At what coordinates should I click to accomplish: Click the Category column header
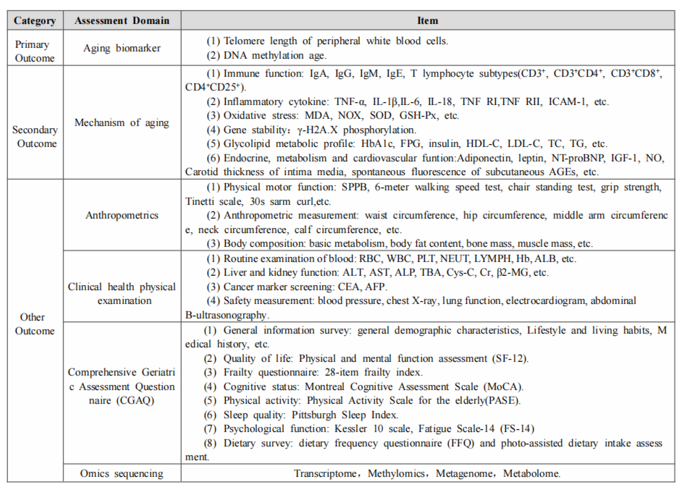tap(35, 20)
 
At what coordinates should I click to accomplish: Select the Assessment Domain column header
tap(122, 20)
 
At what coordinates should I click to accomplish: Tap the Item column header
tap(427, 20)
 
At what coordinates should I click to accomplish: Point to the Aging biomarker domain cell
tap(122, 48)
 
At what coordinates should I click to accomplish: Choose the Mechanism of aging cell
tap(122, 123)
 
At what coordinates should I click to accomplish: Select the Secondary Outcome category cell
tap(35, 137)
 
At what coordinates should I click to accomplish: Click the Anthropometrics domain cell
tap(122, 215)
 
